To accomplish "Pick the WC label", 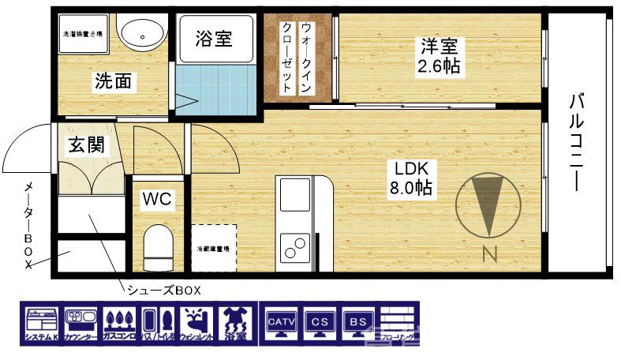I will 157,200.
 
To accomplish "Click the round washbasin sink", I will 143,34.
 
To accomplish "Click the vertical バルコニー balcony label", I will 576,142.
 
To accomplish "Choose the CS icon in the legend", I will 320,324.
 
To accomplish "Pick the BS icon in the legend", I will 357,324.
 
